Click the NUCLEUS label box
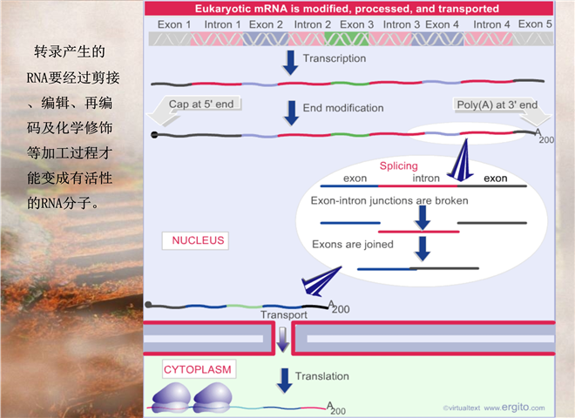(x=195, y=240)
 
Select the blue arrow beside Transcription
(x=290, y=63)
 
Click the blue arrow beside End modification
(x=292, y=113)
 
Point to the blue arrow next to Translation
(x=285, y=381)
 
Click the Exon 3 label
(x=356, y=24)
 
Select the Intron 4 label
(x=491, y=24)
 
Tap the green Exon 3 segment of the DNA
(x=347, y=39)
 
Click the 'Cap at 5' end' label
(x=201, y=104)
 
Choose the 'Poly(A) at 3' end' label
(x=497, y=104)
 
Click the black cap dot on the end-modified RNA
(x=154, y=135)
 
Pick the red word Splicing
(x=399, y=165)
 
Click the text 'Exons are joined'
(x=353, y=245)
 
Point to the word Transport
(x=284, y=315)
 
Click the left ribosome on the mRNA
(x=172, y=398)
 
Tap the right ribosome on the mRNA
(x=213, y=398)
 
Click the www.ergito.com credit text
(x=514, y=408)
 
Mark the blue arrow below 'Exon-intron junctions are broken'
(x=423, y=218)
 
